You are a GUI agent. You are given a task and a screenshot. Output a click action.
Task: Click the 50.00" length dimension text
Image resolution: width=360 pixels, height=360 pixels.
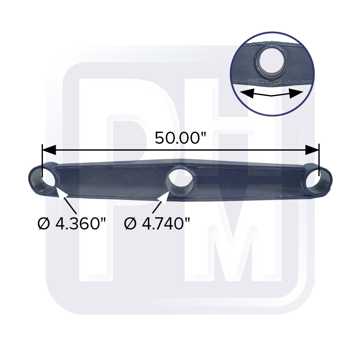177,139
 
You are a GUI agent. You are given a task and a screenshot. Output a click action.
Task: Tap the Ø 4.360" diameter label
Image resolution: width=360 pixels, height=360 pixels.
72,223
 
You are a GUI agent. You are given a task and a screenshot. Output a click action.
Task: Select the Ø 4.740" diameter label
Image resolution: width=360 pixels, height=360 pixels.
158,223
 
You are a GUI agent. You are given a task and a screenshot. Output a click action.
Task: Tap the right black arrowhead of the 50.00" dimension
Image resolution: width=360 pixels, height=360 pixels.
312,150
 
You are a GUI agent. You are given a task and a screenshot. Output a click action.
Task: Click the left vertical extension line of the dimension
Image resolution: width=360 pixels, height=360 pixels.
42,159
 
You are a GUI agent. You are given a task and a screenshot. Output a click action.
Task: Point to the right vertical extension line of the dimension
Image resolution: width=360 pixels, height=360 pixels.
319,159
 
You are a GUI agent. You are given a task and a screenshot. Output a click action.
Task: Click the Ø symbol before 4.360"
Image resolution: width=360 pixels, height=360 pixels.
43,223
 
